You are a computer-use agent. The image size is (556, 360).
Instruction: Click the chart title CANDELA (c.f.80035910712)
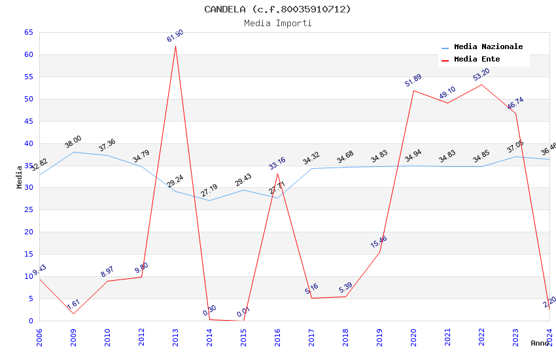tap(277, 9)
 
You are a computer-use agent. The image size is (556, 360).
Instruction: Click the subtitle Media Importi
tap(277, 24)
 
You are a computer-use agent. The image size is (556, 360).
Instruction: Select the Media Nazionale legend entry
tap(488, 47)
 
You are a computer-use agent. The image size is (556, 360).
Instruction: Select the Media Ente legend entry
tap(477, 60)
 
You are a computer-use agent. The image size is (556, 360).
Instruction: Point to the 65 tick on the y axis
tap(28, 32)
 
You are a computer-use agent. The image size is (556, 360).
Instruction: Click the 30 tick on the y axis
tap(28, 188)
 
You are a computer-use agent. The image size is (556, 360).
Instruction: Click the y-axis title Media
tap(20, 177)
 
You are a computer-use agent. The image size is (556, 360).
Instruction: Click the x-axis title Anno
tap(540, 343)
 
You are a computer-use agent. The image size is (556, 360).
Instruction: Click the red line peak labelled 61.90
tap(175, 46)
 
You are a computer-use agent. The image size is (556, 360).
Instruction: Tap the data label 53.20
tap(481, 75)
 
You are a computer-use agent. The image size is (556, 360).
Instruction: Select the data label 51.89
tap(413, 81)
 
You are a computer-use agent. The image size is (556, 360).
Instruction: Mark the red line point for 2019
tap(379, 252)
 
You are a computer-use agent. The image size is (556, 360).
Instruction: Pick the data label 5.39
tap(345, 287)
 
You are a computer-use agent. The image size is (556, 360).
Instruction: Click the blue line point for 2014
tap(209, 200)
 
